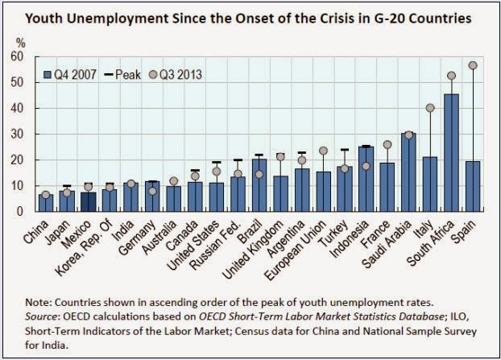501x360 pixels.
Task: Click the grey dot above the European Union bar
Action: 323,151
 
